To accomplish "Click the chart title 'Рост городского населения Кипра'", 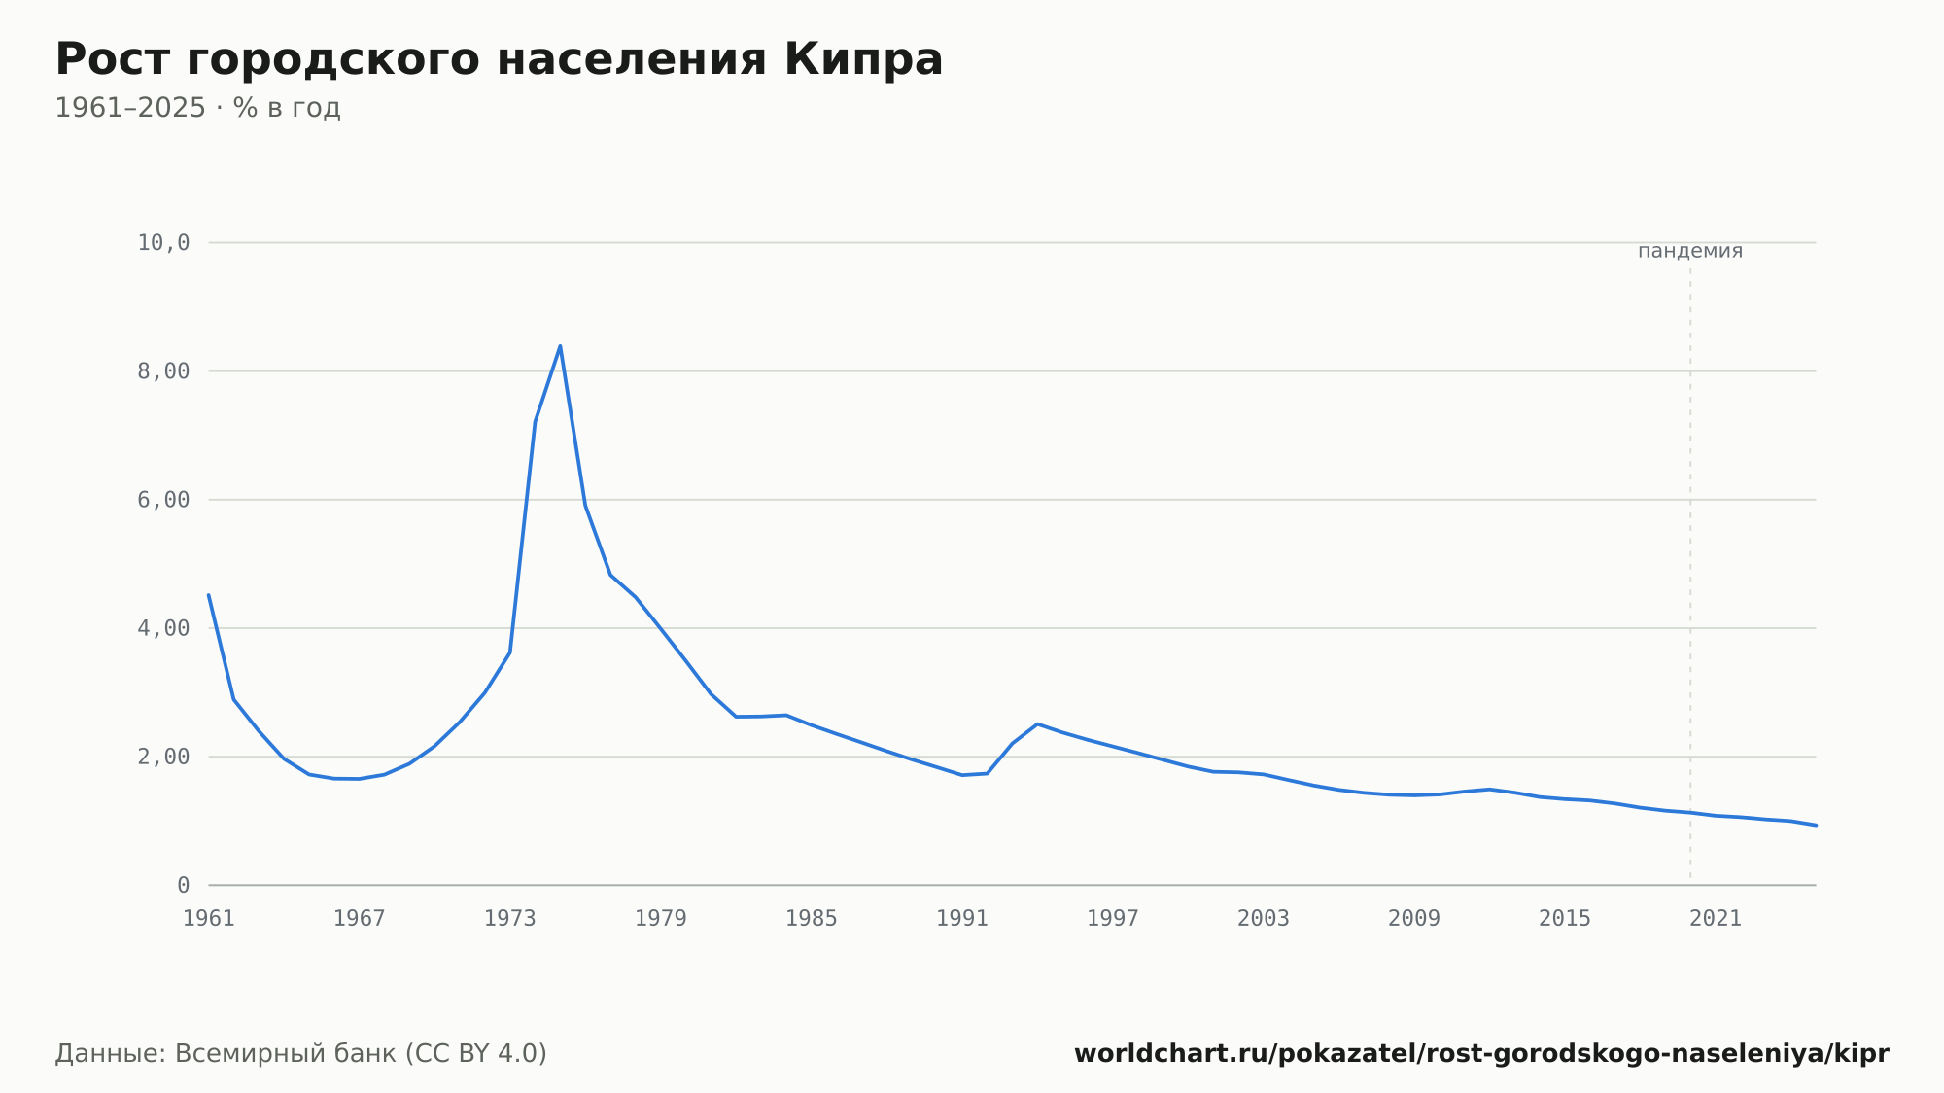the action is pyautogui.click(x=499, y=59).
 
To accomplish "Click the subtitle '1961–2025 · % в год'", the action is pyautogui.click(x=197, y=108).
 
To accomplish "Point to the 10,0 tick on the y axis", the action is pyautogui.click(x=163, y=243).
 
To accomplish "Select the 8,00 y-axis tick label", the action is pyautogui.click(x=163, y=371).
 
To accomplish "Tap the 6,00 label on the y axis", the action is pyautogui.click(x=163, y=500).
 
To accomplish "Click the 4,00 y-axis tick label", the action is pyautogui.click(x=163, y=628).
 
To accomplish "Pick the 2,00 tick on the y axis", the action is pyautogui.click(x=163, y=757).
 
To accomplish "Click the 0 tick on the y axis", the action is pyautogui.click(x=184, y=886).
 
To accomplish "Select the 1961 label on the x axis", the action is pyautogui.click(x=209, y=919).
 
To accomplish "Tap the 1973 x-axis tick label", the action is pyautogui.click(x=510, y=919).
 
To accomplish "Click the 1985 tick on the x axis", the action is pyautogui.click(x=812, y=919).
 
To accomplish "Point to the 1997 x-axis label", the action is pyautogui.click(x=1113, y=919).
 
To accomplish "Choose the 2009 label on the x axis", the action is pyautogui.click(x=1414, y=919).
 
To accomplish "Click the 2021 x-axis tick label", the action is pyautogui.click(x=1716, y=919).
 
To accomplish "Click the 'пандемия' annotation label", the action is pyautogui.click(x=1690, y=251).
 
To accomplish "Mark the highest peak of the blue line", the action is pyautogui.click(x=560, y=345).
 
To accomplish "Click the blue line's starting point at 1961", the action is pyautogui.click(x=209, y=595).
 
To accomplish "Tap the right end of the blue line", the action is pyautogui.click(x=1816, y=825).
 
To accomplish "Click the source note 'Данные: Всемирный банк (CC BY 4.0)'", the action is pyautogui.click(x=301, y=1054).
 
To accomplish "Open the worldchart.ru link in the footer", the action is pyautogui.click(x=1481, y=1054).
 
